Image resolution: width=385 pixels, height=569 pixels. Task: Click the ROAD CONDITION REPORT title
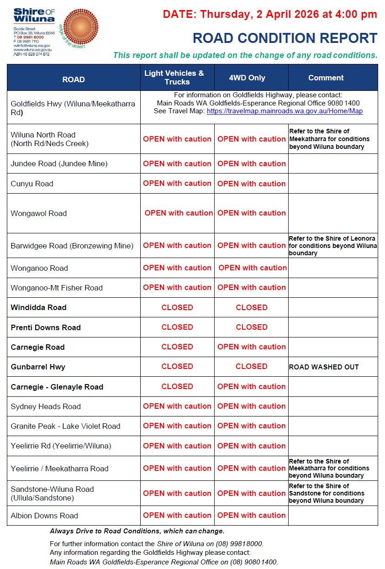coord(285,38)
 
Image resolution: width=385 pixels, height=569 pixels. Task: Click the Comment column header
coord(326,78)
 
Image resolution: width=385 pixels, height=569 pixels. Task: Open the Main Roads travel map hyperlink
coord(285,111)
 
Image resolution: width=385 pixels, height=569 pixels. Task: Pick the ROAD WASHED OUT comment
coord(324,367)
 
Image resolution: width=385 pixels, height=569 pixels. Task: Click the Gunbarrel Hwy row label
coord(38,367)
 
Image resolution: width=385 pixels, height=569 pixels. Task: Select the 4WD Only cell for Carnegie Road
coord(252,347)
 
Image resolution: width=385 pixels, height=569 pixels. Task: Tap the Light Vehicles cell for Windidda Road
coord(177,307)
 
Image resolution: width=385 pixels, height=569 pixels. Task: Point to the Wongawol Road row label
coord(39,213)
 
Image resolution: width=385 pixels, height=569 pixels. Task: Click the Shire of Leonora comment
coord(333,246)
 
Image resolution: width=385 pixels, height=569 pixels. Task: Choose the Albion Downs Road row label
coord(44,516)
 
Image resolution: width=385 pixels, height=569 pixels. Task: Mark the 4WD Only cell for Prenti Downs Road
coord(252,327)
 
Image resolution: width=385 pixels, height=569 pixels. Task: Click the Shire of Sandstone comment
coord(327,493)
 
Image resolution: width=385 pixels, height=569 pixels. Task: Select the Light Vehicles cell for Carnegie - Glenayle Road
coord(177,386)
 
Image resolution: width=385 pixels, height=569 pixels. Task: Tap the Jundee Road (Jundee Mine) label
coord(59,163)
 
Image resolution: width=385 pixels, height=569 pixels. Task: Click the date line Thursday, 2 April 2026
coord(270,14)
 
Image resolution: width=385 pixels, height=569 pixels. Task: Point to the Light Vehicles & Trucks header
coord(177,78)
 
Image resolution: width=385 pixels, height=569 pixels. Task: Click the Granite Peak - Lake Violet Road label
coord(65,426)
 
